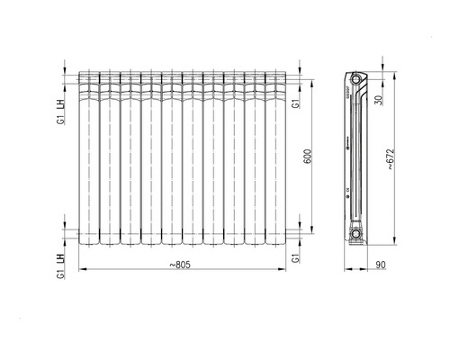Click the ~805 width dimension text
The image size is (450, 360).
tap(184, 264)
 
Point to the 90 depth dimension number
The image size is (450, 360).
tap(380, 264)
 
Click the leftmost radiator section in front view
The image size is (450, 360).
tap(88, 157)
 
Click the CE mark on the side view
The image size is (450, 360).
tap(347, 190)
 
